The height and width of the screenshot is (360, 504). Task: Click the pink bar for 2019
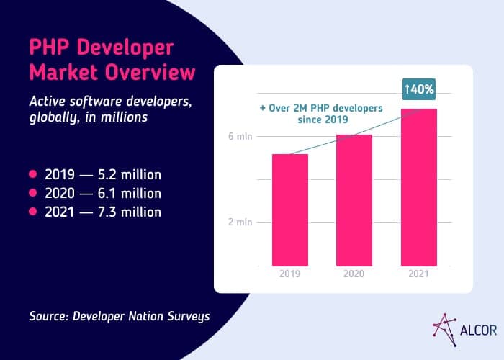tap(289, 210)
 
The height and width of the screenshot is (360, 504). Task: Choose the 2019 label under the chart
tap(289, 274)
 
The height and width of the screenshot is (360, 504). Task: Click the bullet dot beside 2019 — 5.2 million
tap(32, 175)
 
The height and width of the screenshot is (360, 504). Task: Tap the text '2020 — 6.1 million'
tap(102, 193)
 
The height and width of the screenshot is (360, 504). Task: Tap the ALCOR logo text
tap(476, 333)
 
